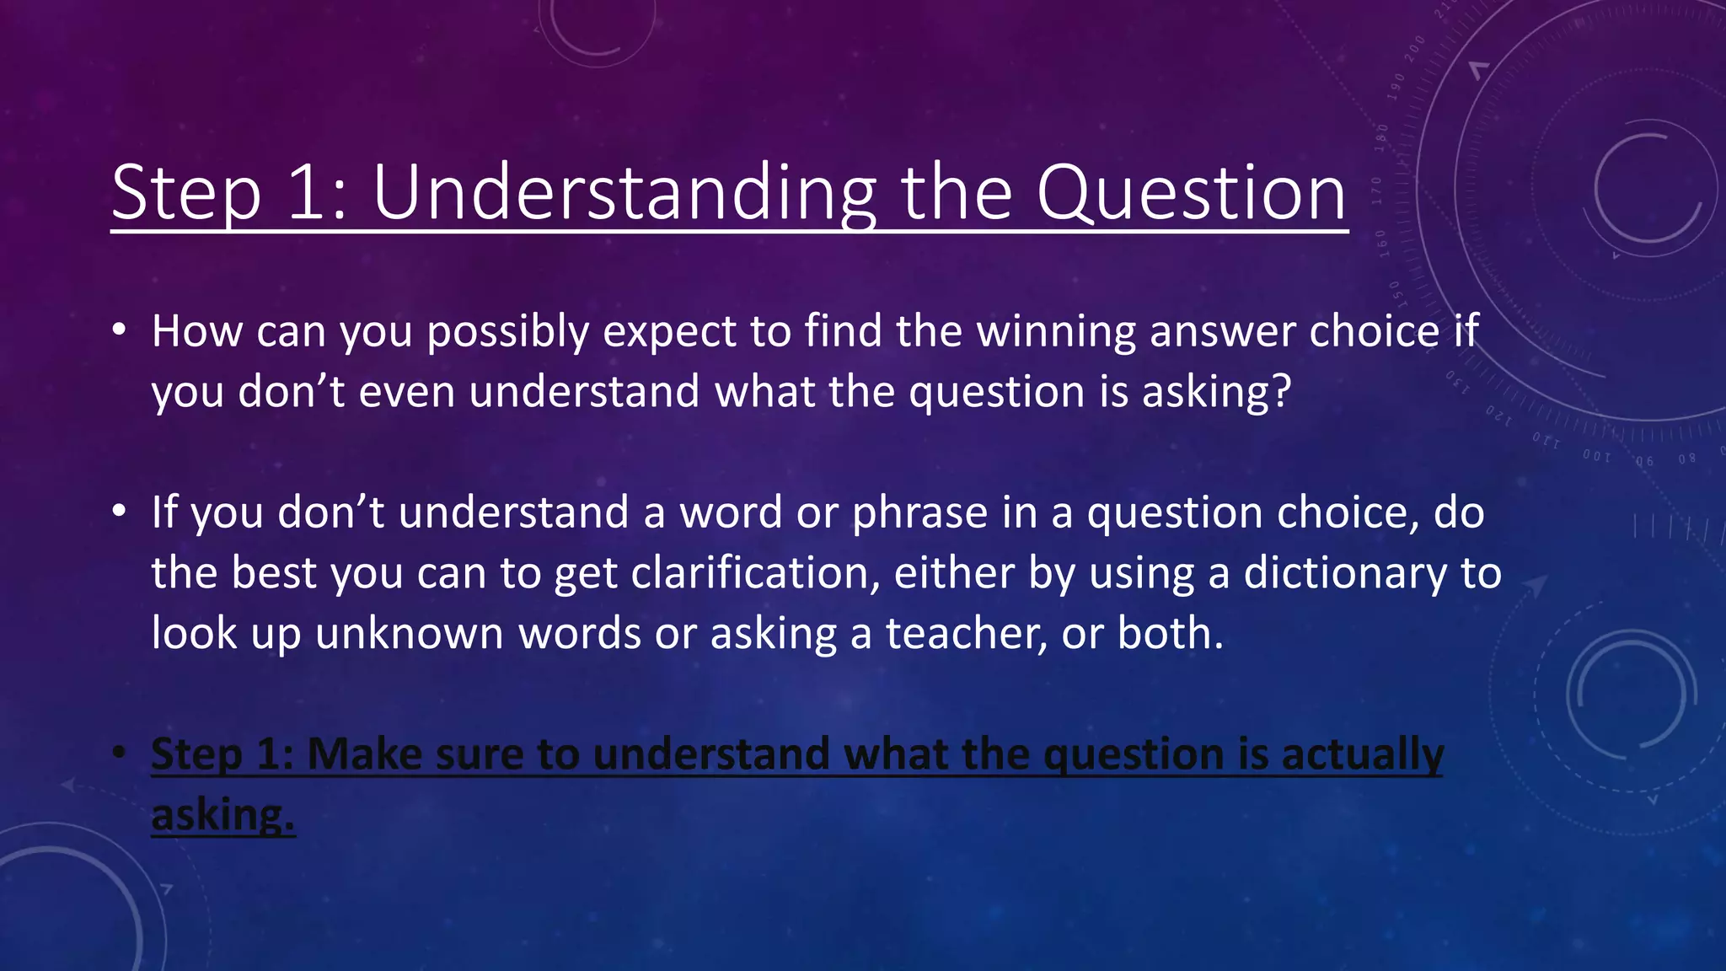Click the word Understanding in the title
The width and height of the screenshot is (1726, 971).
coord(624,194)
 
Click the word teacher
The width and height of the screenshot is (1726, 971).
coord(966,634)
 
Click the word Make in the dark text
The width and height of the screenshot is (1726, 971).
coord(363,754)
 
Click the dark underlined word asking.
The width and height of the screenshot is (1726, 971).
coord(222,816)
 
